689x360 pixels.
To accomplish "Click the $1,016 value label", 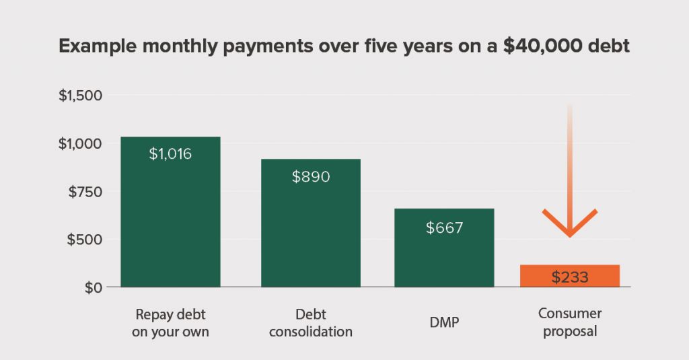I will (170, 154).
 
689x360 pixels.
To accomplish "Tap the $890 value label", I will (311, 176).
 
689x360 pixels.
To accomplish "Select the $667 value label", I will (444, 227).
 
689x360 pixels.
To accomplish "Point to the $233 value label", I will (569, 277).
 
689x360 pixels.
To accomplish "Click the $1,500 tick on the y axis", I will (80, 96).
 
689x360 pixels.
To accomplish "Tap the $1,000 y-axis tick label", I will (80, 143).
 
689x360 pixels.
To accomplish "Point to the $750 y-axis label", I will (86, 192).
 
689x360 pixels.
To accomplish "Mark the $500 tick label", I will (85, 240).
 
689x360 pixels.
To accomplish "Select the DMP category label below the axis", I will (444, 323).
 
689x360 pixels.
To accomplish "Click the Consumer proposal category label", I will (569, 322).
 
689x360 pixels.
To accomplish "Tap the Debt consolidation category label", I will (310, 323).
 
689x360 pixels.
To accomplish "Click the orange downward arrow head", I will (569, 225).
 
